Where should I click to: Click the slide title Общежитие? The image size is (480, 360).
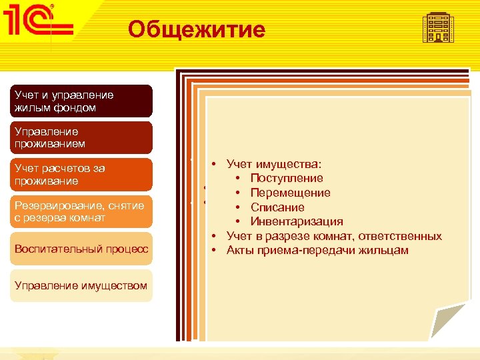point(196,29)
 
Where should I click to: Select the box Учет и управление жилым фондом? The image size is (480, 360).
point(81,101)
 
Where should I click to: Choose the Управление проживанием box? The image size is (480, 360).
point(81,138)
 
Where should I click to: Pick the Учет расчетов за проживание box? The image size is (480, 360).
point(81,175)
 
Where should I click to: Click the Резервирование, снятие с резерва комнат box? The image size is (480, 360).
point(81,212)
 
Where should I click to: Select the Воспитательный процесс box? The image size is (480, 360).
point(81,249)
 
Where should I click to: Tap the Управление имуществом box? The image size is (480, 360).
point(81,286)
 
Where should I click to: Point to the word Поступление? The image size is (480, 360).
point(287,178)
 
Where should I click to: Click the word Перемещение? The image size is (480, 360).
point(290,193)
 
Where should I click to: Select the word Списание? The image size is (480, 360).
point(277,207)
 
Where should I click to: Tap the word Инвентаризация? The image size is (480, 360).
point(297,222)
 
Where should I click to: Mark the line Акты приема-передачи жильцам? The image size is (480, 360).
point(317,251)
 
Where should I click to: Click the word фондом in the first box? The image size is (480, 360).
point(78,107)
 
